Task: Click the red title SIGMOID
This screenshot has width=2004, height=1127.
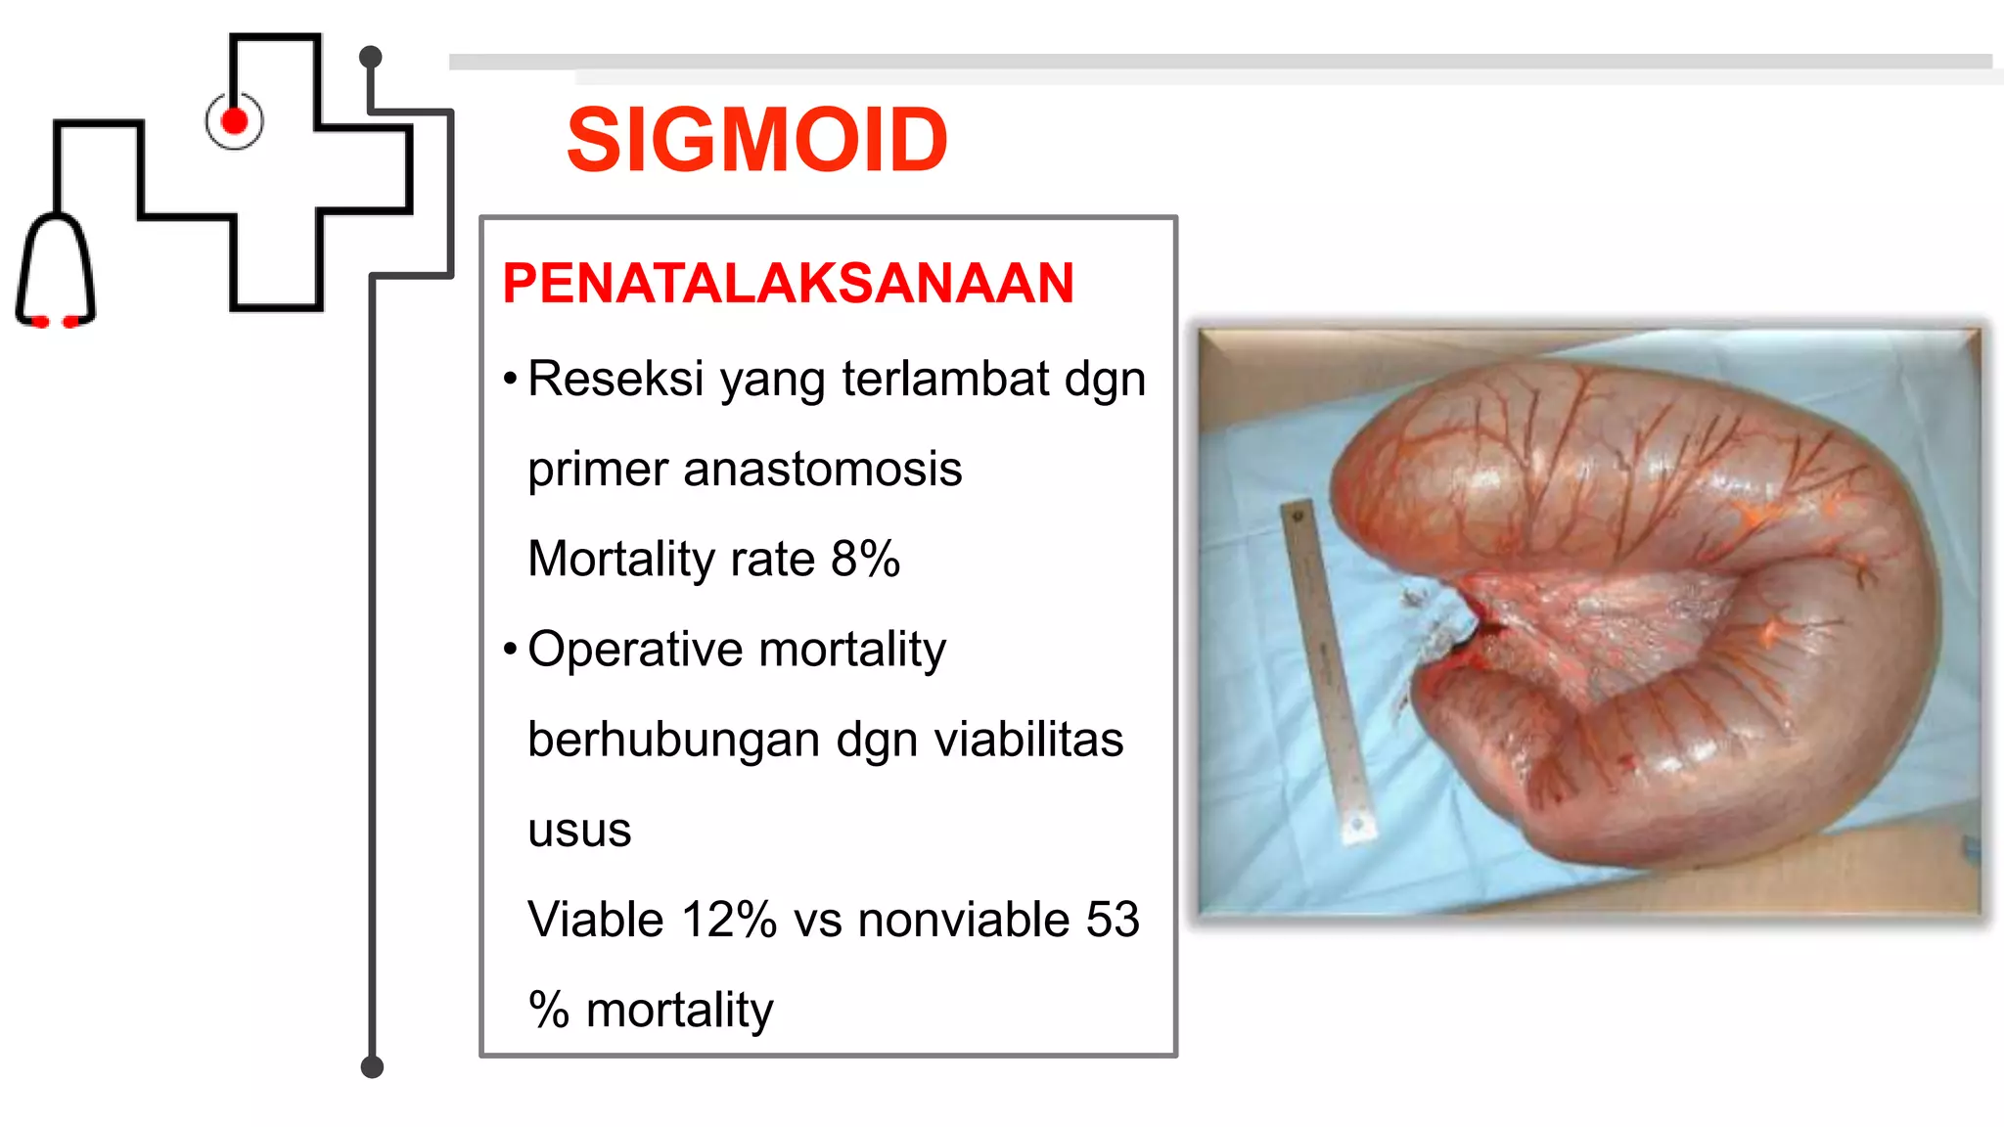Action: click(756, 141)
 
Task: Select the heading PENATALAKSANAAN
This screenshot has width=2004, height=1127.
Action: click(788, 284)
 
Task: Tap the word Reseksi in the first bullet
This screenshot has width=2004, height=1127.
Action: click(615, 379)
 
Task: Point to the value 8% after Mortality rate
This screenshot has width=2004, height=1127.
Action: click(865, 560)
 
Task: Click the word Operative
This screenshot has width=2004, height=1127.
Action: click(635, 650)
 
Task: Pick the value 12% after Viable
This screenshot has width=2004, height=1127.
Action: click(728, 921)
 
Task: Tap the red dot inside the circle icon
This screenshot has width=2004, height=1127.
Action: click(235, 121)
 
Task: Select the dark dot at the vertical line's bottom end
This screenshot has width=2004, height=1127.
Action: click(372, 1066)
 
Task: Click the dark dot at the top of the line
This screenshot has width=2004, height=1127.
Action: click(370, 57)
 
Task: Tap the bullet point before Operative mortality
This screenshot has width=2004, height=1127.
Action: click(510, 650)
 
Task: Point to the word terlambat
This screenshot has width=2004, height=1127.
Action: click(945, 379)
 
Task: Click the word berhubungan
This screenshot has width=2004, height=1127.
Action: click(673, 740)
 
